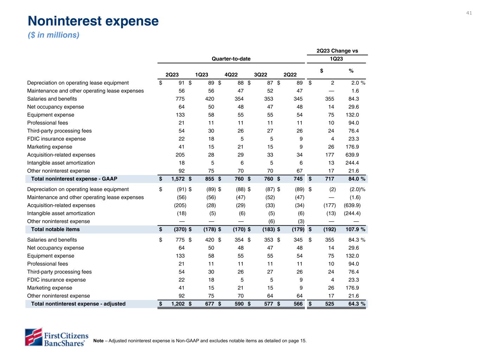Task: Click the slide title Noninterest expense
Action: pyautogui.click(x=93, y=21)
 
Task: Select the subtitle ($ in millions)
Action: pyautogui.click(x=53, y=35)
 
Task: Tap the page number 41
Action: pyautogui.click(x=469, y=13)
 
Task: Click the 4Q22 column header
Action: pyautogui.click(x=231, y=75)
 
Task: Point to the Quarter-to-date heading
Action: pyautogui.click(x=231, y=59)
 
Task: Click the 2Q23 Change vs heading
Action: pyautogui.click(x=337, y=51)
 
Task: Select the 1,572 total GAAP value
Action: pyautogui.click(x=178, y=179)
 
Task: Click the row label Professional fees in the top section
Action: pyautogui.click(x=47, y=123)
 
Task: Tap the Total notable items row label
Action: pyautogui.click(x=55, y=229)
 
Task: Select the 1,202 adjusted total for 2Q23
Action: pyautogui.click(x=178, y=304)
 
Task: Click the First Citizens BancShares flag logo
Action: pyautogui.click(x=33, y=336)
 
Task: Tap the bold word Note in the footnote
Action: pyautogui.click(x=98, y=341)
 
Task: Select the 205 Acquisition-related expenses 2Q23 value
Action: pyautogui.click(x=180, y=155)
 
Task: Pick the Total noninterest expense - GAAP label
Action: pyautogui.click(x=74, y=179)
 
